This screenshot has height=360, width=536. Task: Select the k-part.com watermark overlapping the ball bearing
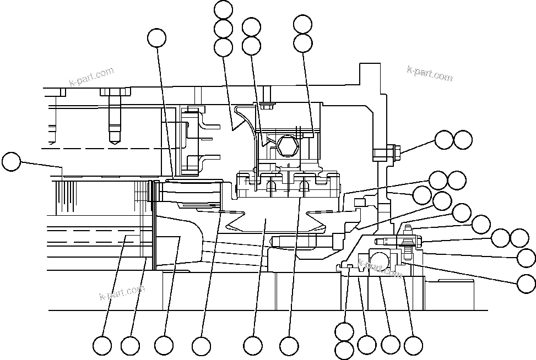point(380,268)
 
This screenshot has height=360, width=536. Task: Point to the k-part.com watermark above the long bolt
point(91,77)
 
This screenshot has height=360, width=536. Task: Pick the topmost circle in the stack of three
point(223,9)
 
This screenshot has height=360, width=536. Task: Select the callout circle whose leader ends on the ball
point(391,345)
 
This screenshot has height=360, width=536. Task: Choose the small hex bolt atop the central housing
point(268,106)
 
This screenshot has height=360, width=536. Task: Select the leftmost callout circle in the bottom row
point(102,346)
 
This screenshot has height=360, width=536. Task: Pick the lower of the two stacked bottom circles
point(345,350)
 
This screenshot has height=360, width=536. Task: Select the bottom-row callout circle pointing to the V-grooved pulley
point(253,346)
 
